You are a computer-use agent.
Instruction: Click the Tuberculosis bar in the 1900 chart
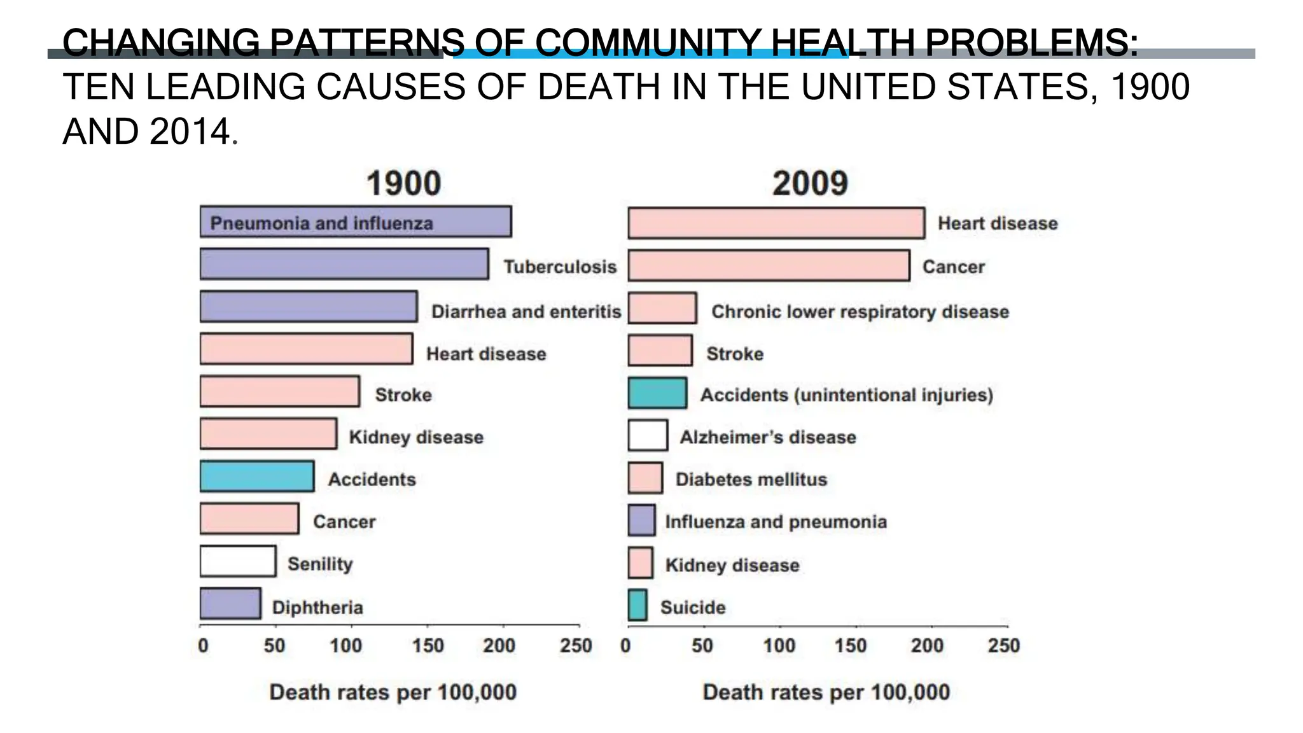tap(344, 264)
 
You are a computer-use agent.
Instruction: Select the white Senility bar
tap(238, 561)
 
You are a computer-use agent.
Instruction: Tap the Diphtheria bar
tap(230, 604)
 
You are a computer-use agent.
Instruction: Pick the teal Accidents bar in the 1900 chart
tap(257, 477)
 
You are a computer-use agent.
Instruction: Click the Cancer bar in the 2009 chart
tap(769, 265)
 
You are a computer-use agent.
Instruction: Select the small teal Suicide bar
tap(638, 605)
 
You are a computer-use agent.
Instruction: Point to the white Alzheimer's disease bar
tap(648, 435)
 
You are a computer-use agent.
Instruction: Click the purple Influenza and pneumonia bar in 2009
tap(641, 520)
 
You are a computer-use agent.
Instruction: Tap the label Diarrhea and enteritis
tap(526, 312)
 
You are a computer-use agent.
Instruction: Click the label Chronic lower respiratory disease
tap(860, 312)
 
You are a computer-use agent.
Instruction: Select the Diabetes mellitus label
tap(751, 480)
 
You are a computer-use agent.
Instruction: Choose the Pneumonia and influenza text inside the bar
tap(321, 223)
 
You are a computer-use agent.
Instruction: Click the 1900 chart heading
tap(403, 184)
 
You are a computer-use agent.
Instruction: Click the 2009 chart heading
tap(810, 184)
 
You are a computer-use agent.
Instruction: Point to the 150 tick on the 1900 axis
tap(428, 646)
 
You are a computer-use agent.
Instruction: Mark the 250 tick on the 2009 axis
tap(1003, 646)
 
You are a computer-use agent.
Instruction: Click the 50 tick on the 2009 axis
tap(702, 646)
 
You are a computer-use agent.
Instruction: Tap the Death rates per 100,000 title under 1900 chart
tap(393, 692)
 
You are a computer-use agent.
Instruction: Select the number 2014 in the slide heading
tap(189, 132)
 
